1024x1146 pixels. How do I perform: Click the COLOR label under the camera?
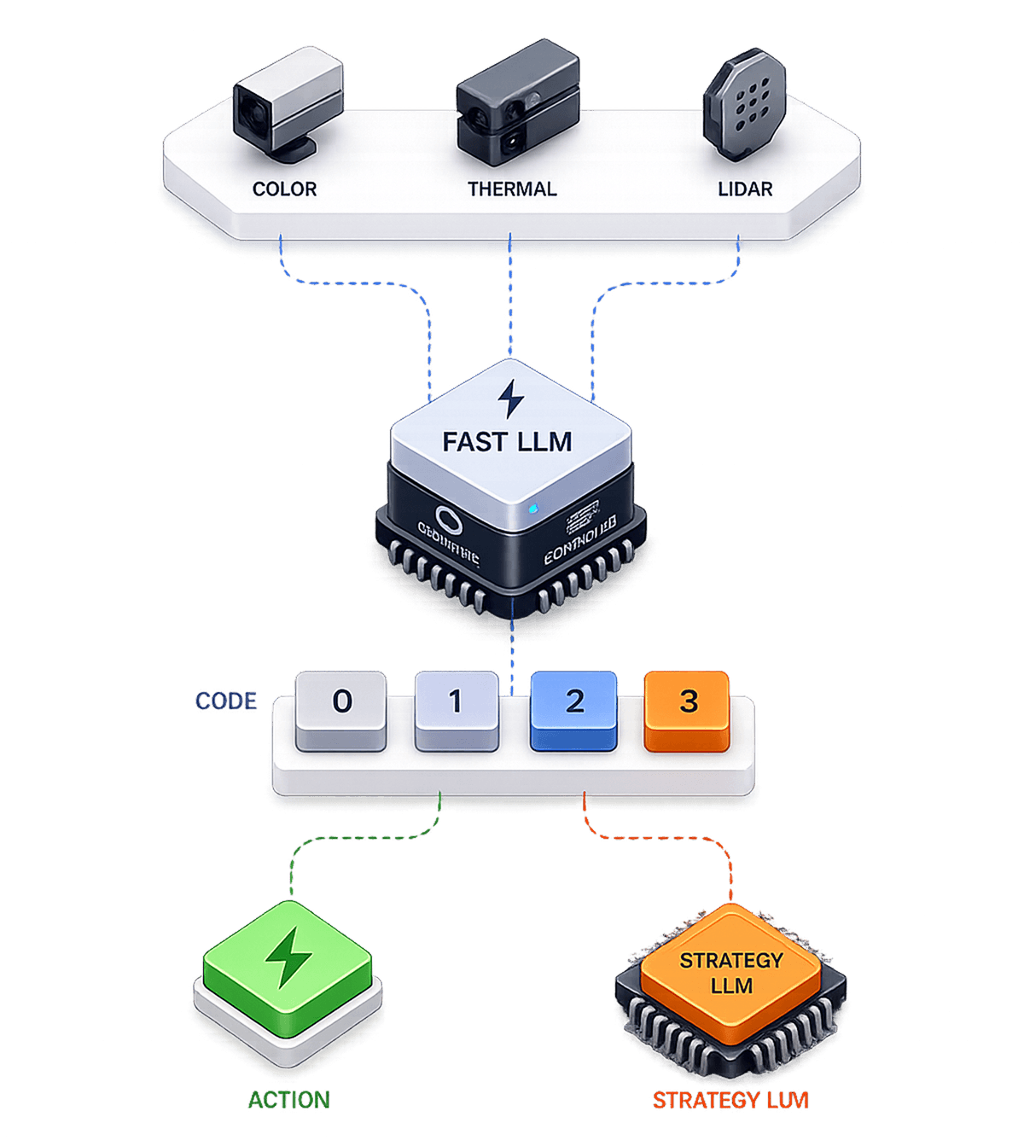[x=284, y=189]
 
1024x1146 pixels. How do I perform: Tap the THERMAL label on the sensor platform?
[x=512, y=189]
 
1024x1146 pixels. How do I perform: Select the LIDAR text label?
[x=745, y=189]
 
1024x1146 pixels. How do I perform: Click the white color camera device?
[x=287, y=104]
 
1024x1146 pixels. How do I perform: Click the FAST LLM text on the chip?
[x=507, y=442]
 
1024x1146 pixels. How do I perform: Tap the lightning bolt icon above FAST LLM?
[x=510, y=398]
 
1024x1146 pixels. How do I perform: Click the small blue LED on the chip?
[x=533, y=509]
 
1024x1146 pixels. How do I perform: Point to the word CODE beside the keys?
[x=226, y=701]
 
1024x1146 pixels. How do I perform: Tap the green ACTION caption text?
[x=288, y=1100]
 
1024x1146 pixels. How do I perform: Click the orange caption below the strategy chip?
[x=730, y=1101]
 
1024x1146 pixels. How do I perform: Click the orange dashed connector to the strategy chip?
[x=666, y=838]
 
